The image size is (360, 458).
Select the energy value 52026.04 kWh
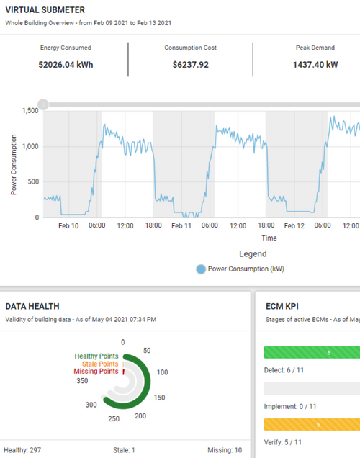(x=66, y=64)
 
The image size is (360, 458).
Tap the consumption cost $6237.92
(x=190, y=64)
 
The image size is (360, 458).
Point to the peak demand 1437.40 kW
(x=315, y=64)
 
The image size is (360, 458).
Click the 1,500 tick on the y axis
(x=30, y=111)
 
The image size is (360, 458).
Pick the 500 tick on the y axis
(x=32, y=181)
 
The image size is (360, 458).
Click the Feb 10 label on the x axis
(x=69, y=225)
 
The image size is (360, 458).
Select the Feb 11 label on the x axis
(x=181, y=225)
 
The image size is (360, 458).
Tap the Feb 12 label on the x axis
(x=294, y=225)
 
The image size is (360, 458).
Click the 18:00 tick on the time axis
(x=153, y=225)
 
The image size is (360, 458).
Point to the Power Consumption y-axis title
(x=14, y=164)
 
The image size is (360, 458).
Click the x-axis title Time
(x=269, y=237)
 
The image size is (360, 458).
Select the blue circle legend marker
(x=201, y=269)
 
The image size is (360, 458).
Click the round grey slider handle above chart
(x=43, y=104)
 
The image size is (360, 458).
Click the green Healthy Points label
(x=96, y=356)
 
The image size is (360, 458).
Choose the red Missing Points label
(x=96, y=372)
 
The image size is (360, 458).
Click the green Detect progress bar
(x=312, y=352)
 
